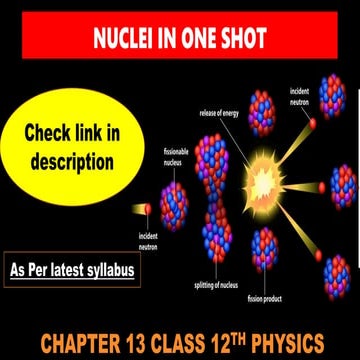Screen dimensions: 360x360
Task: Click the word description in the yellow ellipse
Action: [x=72, y=160]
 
